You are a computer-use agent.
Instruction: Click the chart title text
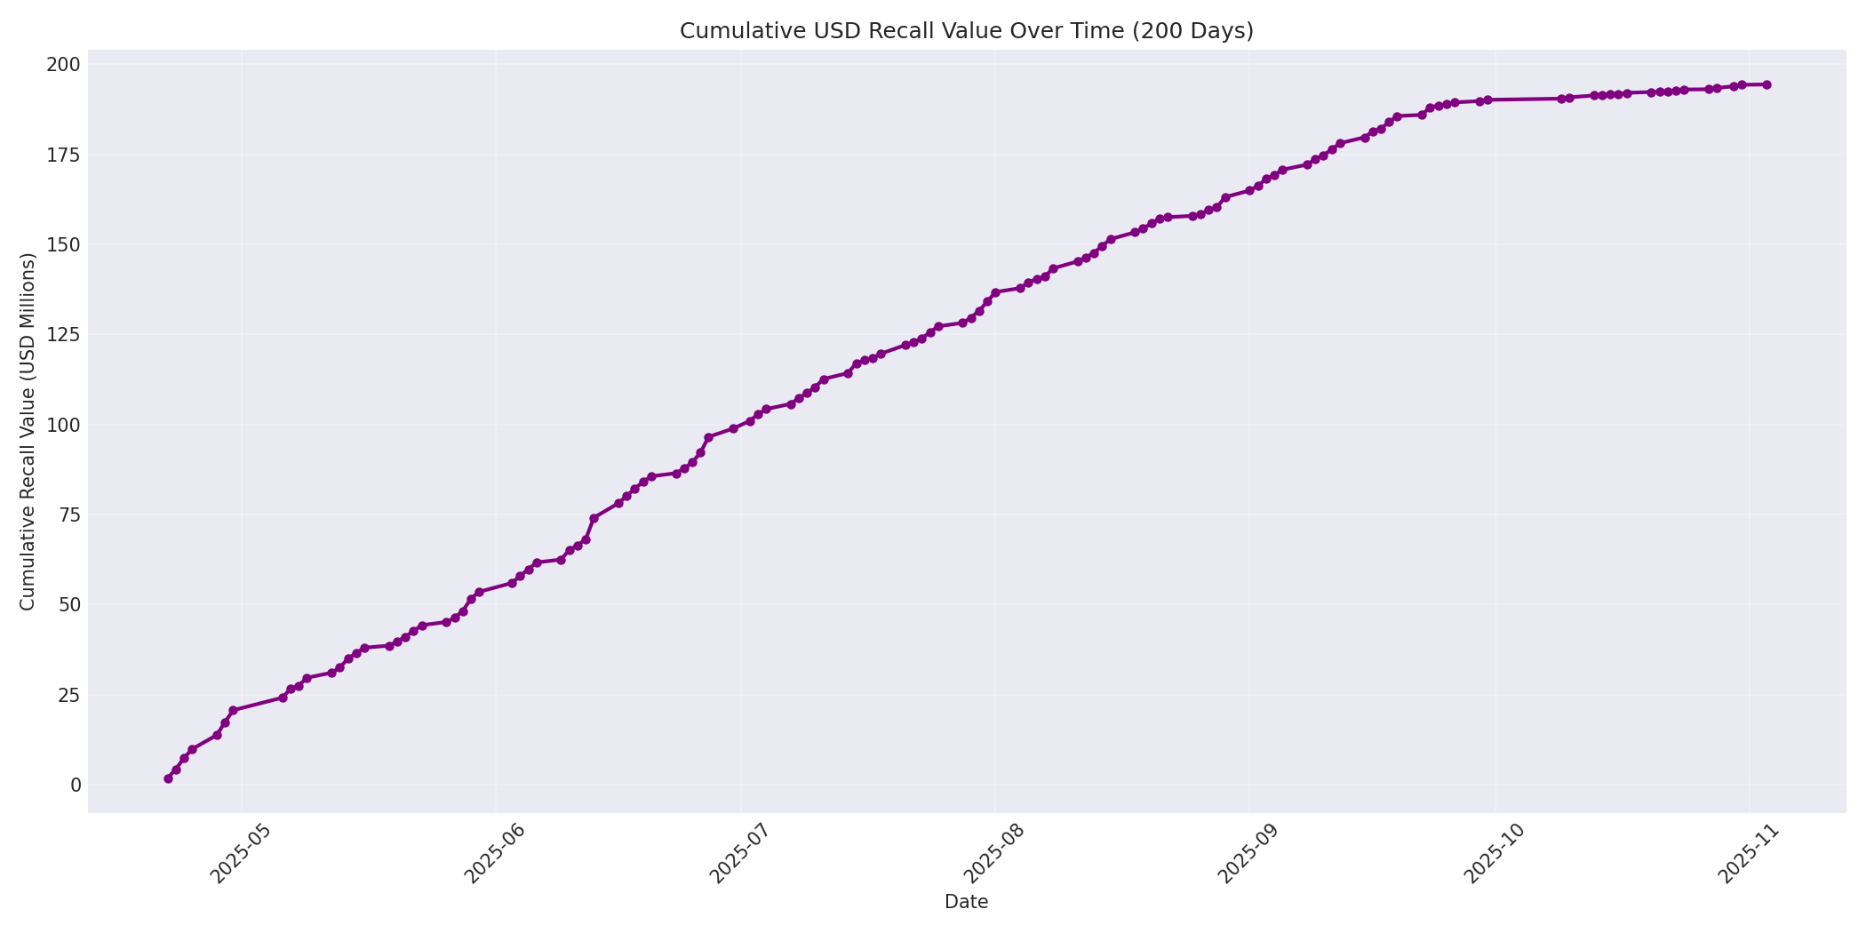(x=966, y=31)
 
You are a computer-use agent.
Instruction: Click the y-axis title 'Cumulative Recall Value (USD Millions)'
(x=28, y=432)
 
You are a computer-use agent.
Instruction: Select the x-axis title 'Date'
(x=966, y=902)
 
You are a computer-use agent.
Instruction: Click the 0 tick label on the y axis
(x=76, y=785)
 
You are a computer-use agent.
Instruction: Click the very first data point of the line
(x=168, y=778)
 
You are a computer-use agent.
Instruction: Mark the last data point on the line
(x=1766, y=85)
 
